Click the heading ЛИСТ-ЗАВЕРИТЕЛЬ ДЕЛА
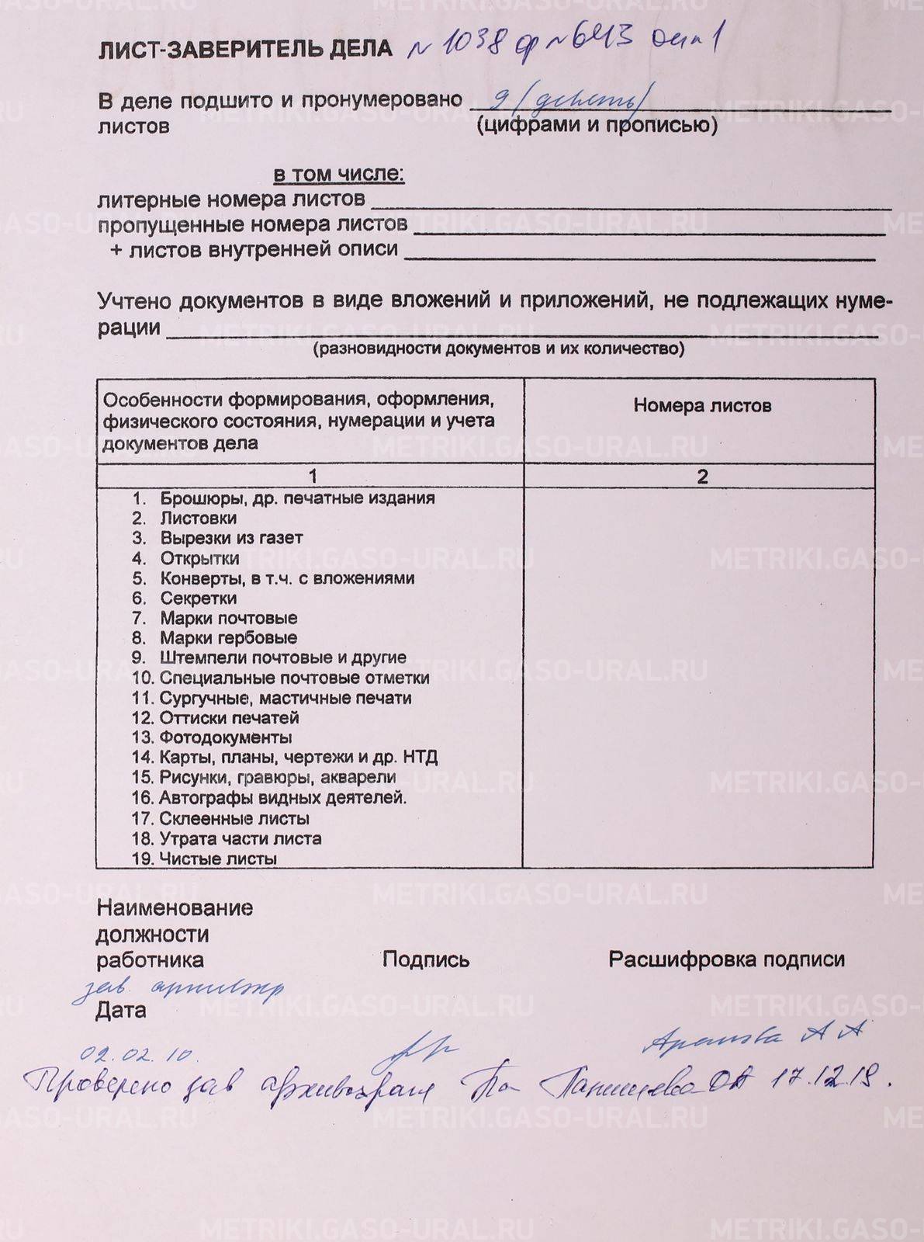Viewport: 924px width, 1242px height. [x=245, y=50]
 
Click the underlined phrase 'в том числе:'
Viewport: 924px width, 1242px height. [x=338, y=174]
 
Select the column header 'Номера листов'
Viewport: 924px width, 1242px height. [x=702, y=405]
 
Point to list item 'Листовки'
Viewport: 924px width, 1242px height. [x=198, y=518]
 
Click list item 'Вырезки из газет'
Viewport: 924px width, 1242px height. [x=231, y=538]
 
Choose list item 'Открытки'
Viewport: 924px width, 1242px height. [x=199, y=558]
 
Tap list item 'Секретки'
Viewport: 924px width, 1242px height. [x=198, y=598]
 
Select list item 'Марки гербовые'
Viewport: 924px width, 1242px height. [x=228, y=638]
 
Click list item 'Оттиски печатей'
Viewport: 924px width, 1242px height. [x=229, y=718]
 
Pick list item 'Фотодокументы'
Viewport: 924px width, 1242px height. [x=226, y=737]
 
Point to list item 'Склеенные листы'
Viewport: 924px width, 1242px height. [x=234, y=818]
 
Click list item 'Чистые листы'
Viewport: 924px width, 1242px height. [x=218, y=859]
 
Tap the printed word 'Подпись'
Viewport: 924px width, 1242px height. [x=426, y=960]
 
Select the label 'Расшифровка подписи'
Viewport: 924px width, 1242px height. [x=726, y=959]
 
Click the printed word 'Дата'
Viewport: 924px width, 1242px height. [x=120, y=1011]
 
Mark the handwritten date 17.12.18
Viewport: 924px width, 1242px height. [x=829, y=1080]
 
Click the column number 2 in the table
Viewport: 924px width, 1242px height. [x=702, y=476]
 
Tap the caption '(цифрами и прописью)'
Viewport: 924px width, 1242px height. [x=597, y=124]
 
